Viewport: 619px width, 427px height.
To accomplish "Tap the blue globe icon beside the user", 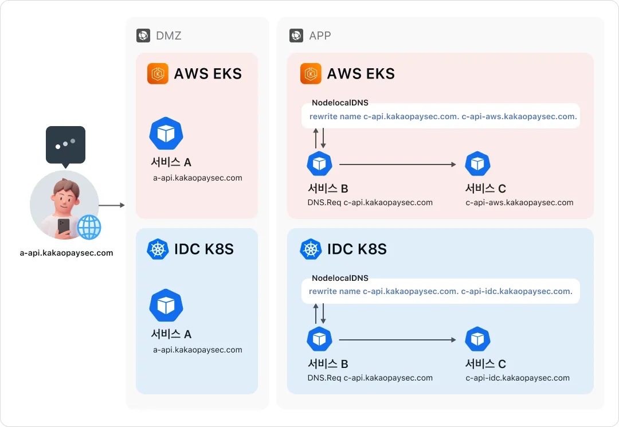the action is pos(89,227).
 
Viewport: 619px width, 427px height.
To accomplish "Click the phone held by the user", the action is pos(64,227).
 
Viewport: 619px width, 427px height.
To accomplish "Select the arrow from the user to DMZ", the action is pos(112,205).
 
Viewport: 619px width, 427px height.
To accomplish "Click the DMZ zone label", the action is pos(169,36).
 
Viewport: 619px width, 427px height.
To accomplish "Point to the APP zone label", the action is pos(320,36).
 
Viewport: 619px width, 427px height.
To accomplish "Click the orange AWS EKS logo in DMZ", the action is pos(158,74).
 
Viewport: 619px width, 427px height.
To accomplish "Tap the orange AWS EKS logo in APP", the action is pos(311,74).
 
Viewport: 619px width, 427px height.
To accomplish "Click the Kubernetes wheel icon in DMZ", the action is pos(158,249).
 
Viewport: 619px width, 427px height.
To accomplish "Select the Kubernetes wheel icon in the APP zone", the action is pos(311,249).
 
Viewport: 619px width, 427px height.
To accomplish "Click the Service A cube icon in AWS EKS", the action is pos(166,134).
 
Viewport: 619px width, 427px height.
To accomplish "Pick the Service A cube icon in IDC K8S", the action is pos(166,305).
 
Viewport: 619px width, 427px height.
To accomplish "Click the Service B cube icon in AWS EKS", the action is pos(319,163).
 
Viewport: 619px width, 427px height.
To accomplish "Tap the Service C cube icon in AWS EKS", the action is pos(477,163).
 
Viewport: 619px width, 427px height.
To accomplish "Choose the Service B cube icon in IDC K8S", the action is pos(319,339).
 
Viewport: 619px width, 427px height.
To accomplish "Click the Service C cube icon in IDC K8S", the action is pos(477,339).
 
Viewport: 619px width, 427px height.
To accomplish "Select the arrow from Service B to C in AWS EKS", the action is pos(398,164).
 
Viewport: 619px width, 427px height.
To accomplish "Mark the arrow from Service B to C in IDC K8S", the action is pos(398,340).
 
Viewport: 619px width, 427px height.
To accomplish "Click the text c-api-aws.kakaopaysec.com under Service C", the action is pos(519,202).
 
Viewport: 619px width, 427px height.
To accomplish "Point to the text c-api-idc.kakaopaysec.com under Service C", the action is pos(518,378).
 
